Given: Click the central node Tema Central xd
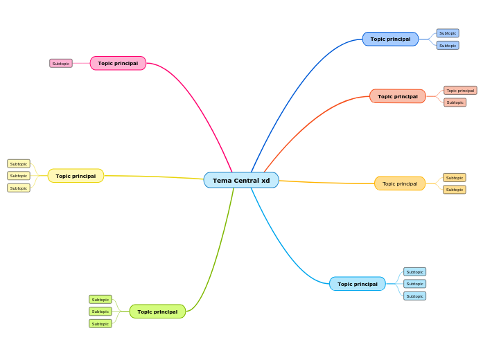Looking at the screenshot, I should click(x=241, y=180).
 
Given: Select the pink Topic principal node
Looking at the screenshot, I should click(x=118, y=63).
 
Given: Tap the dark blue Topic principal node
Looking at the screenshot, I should click(x=390, y=39).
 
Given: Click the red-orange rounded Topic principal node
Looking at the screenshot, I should click(x=397, y=96).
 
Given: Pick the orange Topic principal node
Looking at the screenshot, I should click(x=400, y=183).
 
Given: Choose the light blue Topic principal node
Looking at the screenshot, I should click(x=357, y=284).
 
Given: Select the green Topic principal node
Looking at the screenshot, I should click(x=157, y=312).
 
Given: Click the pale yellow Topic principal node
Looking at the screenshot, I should click(x=76, y=176).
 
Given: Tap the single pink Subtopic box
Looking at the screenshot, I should click(x=61, y=63).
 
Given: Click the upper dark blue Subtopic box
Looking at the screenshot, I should click(x=448, y=33).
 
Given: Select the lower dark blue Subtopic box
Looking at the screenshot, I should click(x=448, y=45).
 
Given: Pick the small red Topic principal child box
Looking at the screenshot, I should click(x=460, y=90).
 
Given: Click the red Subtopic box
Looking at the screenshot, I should click(x=455, y=102).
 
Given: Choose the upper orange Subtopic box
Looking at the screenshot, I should click(x=454, y=178).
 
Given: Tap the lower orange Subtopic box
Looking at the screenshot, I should click(x=454, y=190).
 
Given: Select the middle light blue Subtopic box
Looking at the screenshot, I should click(x=414, y=284).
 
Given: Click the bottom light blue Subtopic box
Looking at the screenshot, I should click(x=414, y=296).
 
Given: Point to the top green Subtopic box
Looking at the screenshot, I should click(x=100, y=300).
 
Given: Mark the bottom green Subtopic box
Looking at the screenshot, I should click(x=100, y=323).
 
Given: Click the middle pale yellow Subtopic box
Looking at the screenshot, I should click(x=19, y=176).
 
